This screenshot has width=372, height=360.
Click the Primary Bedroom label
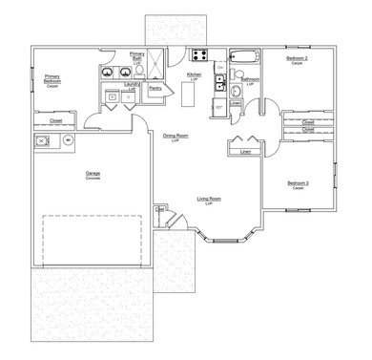pos(51,80)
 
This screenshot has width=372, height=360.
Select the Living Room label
pos(210,200)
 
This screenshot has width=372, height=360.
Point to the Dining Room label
pos(176,137)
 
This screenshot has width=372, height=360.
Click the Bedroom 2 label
pos(297,59)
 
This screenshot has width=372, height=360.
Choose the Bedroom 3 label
pos(298,184)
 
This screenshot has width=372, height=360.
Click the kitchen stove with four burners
pos(201,54)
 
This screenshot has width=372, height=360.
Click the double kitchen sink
pos(219,84)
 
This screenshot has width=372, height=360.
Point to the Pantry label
pos(155,88)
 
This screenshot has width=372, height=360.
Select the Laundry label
pos(133,85)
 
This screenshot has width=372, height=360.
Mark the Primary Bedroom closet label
pos(50,121)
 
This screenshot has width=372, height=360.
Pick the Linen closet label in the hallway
pos(245,151)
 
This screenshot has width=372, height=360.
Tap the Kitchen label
pos(193,74)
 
